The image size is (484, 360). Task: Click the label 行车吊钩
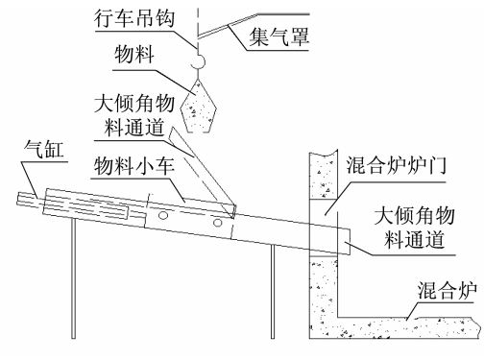(x=134, y=18)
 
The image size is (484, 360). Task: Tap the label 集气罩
(x=278, y=36)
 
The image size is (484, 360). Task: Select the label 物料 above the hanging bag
(x=134, y=54)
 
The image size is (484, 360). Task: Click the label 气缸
(x=44, y=149)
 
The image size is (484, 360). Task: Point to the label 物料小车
(x=134, y=165)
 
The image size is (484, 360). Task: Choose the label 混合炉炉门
(x=396, y=165)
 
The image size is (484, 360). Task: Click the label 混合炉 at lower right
(x=447, y=290)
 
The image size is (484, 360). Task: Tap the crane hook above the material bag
(x=199, y=61)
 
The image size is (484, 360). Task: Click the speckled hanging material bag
(x=199, y=107)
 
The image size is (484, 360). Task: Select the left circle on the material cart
(x=163, y=215)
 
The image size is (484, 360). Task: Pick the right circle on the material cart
(x=218, y=222)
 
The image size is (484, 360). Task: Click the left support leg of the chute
(x=73, y=278)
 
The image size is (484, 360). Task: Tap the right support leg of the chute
(x=273, y=292)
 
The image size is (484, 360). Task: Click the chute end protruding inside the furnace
(x=344, y=241)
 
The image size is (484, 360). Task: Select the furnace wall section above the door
(x=324, y=176)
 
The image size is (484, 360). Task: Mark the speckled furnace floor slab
(x=409, y=327)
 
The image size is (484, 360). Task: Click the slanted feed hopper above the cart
(x=202, y=173)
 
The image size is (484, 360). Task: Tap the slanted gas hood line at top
(x=228, y=26)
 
